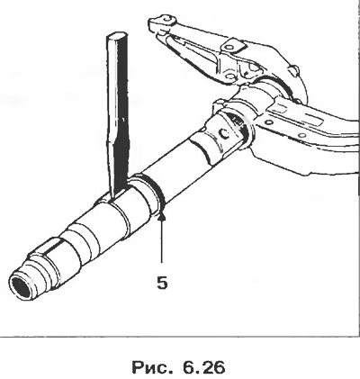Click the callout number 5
pos(162,282)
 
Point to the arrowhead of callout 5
pos(162,216)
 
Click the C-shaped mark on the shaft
pos(224,134)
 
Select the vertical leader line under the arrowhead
pos(162,241)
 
